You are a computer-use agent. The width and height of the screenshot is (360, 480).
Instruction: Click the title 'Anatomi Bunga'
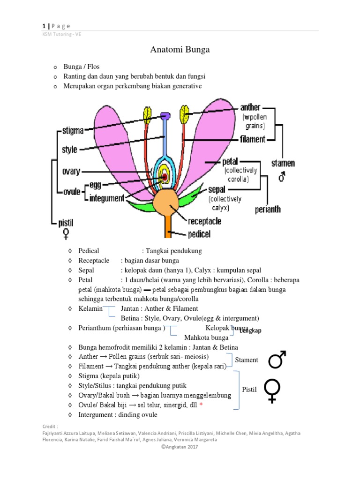click(180, 49)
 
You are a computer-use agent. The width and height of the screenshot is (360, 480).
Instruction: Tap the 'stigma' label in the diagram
click(73, 131)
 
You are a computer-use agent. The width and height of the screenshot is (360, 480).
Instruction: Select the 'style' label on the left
click(69, 150)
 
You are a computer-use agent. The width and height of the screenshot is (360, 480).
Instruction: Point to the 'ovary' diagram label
click(71, 172)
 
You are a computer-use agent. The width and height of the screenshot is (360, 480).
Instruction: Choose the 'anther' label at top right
click(250, 107)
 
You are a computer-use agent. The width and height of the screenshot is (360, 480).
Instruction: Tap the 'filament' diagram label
click(252, 139)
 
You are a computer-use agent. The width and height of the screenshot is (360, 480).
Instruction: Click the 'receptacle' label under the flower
click(204, 221)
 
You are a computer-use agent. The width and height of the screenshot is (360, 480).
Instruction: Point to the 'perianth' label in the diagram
click(268, 210)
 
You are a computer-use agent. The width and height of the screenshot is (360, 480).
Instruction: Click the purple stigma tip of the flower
click(165, 115)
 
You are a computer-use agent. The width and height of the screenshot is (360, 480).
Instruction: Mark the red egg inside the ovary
click(165, 177)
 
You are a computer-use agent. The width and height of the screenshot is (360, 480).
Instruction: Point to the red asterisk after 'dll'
click(201, 405)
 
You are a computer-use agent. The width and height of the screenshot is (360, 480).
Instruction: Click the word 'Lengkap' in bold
click(250, 330)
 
